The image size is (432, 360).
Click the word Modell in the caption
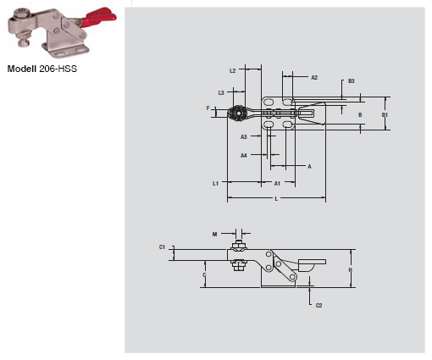[23, 68]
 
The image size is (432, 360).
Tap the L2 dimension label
[232, 71]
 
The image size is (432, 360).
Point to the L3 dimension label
[221, 91]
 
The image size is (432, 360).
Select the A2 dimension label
[313, 77]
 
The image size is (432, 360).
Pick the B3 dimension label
[351, 80]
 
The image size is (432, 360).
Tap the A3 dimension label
[244, 136]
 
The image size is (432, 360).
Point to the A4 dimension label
[244, 155]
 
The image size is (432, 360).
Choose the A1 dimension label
[277, 183]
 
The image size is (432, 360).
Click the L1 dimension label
[215, 183]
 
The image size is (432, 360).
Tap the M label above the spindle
[214, 233]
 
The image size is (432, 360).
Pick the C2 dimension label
[318, 305]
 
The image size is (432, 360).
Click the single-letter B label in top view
[359, 114]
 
